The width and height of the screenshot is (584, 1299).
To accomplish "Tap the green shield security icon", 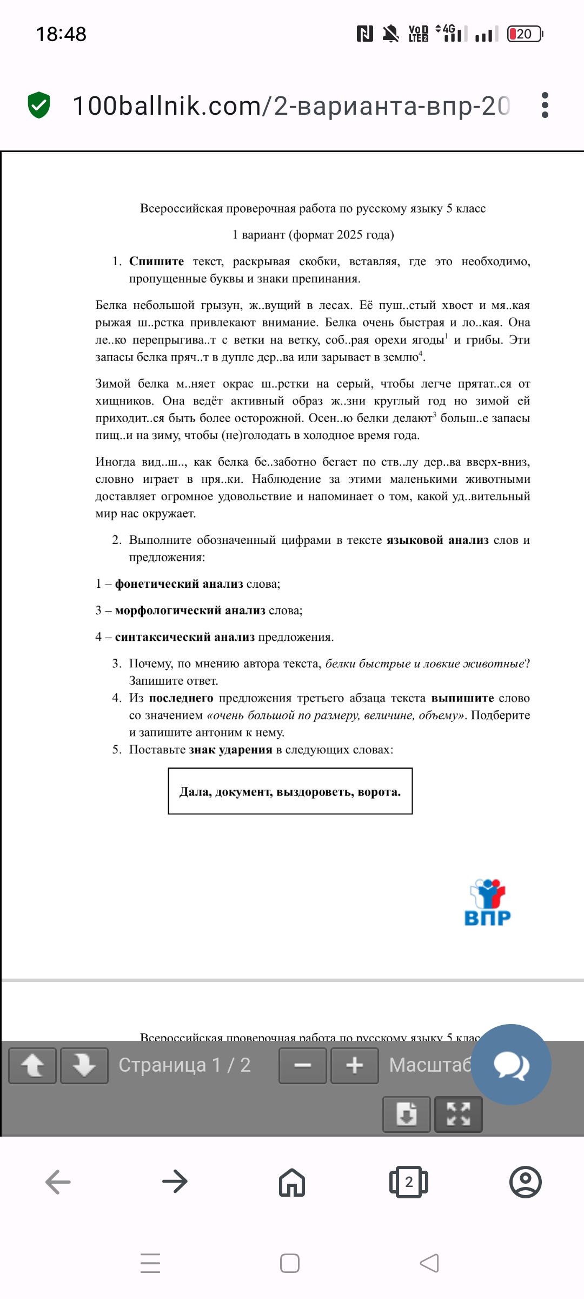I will [39, 105].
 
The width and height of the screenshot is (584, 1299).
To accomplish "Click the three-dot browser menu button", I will [545, 105].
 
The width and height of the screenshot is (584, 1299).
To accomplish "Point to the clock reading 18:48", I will [61, 34].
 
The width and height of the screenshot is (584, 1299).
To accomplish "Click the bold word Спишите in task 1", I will [156, 261].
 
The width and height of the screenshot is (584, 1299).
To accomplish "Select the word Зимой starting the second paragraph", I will [112, 384].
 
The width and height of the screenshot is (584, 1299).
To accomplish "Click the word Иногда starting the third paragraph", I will [115, 462].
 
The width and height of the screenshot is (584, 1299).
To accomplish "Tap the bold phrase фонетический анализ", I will [179, 584].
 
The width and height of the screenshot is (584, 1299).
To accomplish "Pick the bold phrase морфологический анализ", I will [190, 611].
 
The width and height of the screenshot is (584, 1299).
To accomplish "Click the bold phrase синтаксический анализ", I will [185, 637].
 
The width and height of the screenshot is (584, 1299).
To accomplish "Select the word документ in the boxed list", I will [243, 792].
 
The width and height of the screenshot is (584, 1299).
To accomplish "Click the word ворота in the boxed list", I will [379, 792].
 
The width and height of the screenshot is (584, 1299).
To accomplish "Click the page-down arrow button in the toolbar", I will [84, 1065].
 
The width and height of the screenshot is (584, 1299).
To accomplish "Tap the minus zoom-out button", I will [302, 1065].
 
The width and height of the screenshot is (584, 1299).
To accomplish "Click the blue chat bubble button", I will [511, 1064].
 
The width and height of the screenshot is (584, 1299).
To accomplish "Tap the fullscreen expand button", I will [458, 1114].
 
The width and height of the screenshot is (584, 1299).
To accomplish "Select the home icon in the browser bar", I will [292, 1182].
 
